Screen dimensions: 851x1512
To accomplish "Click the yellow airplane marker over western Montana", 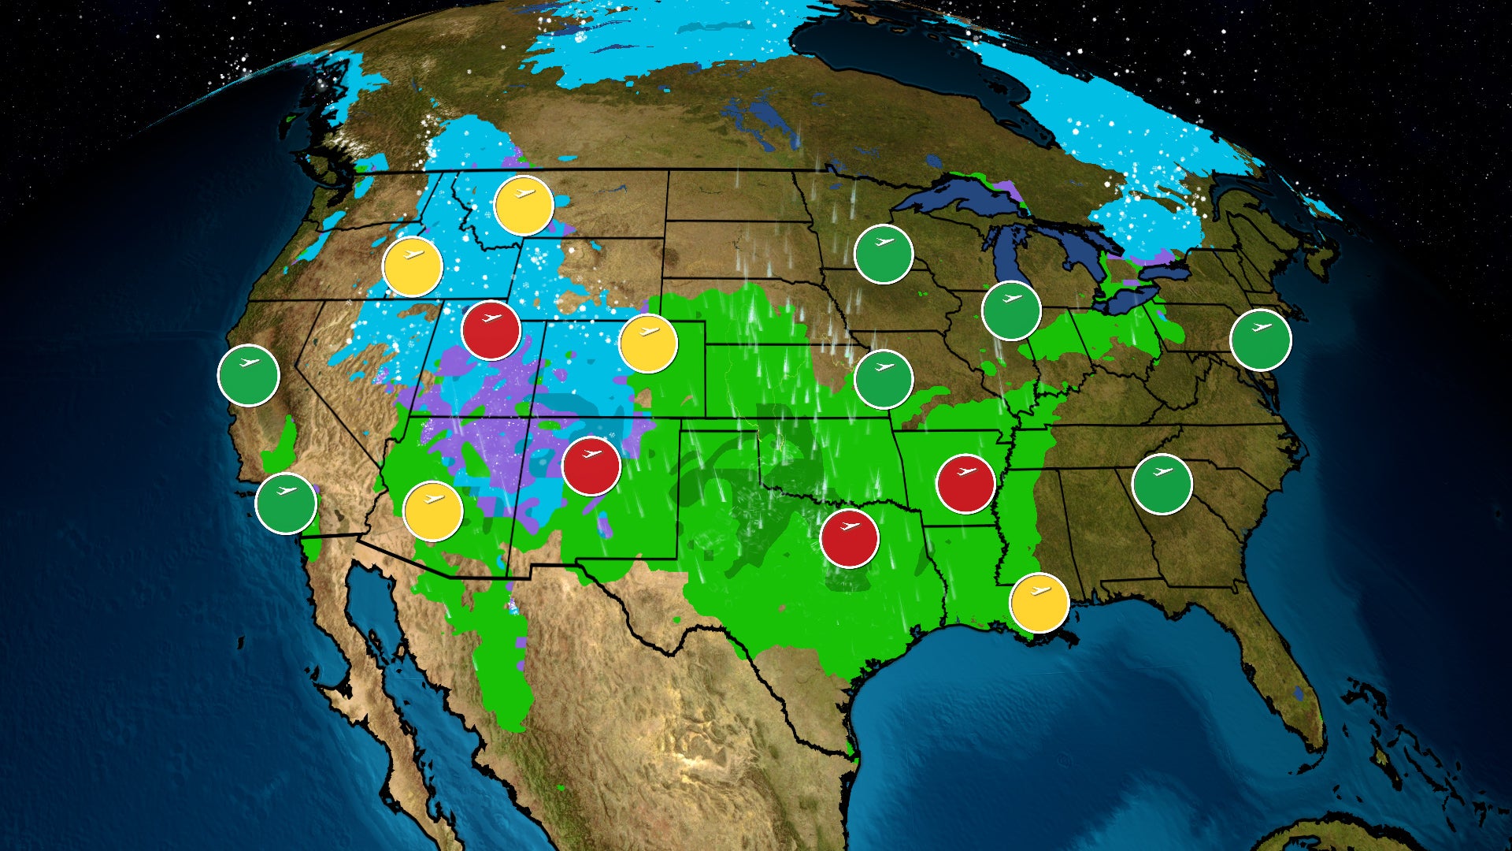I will tap(524, 206).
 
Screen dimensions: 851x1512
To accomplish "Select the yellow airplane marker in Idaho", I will tap(413, 266).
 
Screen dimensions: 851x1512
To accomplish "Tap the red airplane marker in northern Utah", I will tap(491, 330).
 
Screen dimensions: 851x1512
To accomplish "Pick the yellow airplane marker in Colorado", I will tap(648, 344).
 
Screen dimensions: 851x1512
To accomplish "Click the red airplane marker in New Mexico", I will tap(591, 466).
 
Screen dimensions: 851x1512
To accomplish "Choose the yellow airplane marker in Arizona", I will tap(433, 511).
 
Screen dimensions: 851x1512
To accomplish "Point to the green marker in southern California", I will tap(286, 503).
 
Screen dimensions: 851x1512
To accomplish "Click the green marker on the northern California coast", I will tap(248, 375).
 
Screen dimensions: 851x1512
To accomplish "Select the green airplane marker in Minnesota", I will tap(884, 254).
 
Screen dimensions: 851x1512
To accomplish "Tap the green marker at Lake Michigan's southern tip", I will tap(1011, 310).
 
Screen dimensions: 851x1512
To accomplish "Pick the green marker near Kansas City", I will tap(884, 379).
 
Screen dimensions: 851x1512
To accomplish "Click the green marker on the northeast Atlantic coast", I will tap(1261, 340).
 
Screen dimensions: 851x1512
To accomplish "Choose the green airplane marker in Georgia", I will tap(1162, 484).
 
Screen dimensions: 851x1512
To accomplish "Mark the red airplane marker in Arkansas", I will tap(965, 483).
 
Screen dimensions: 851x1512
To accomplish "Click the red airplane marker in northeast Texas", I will tap(849, 538).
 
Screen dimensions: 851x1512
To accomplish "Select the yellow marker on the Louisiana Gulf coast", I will tap(1039, 603).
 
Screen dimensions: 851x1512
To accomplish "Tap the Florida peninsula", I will tap(1284, 678).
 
